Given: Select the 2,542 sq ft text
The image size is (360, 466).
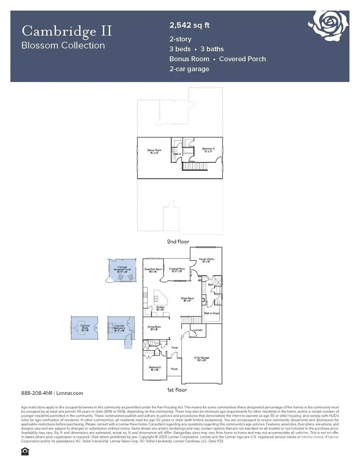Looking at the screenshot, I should tap(190, 26).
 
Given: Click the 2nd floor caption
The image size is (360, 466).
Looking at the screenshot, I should tap(178, 242).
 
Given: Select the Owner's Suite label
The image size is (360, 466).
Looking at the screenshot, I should tap(206, 260).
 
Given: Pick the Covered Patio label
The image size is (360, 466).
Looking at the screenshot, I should tap(176, 270).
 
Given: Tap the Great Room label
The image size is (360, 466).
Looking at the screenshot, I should tap(187, 298).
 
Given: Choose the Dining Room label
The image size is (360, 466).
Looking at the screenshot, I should tap(154, 328).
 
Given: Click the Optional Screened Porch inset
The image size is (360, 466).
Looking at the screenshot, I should tap(122, 271).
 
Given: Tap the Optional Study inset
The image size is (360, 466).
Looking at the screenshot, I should tap(84, 328).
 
